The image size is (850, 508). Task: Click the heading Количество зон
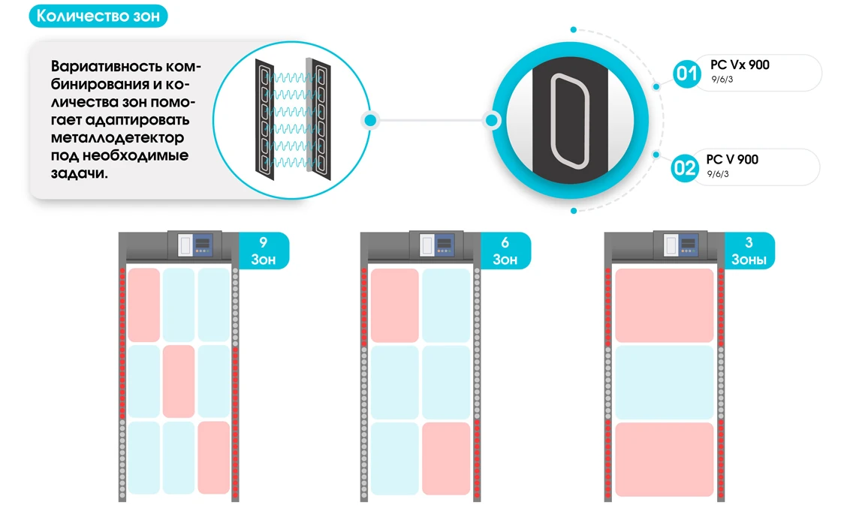coord(98,17)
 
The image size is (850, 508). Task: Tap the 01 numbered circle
coord(686,74)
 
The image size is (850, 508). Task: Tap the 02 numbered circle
coord(685,167)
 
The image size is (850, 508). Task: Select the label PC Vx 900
coord(740,65)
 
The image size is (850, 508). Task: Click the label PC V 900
coord(732,159)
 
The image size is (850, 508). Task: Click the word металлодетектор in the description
coord(118,138)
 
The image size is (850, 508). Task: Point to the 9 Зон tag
coord(263,251)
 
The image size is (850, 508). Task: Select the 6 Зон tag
coord(505,251)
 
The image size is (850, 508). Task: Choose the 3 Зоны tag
coord(749,251)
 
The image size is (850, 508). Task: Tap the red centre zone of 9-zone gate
coord(178,381)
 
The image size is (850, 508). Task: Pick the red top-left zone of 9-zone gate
coord(143,305)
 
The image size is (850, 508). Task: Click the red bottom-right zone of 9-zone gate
coord(213,458)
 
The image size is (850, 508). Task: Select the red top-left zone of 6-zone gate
coord(394,305)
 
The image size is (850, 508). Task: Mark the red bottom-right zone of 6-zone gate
coord(446,458)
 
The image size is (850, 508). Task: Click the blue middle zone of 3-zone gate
coord(664,382)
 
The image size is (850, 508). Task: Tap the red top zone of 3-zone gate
coord(664,305)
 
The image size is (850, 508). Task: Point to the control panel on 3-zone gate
coord(680,245)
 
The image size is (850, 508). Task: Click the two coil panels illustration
coord(291,119)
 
